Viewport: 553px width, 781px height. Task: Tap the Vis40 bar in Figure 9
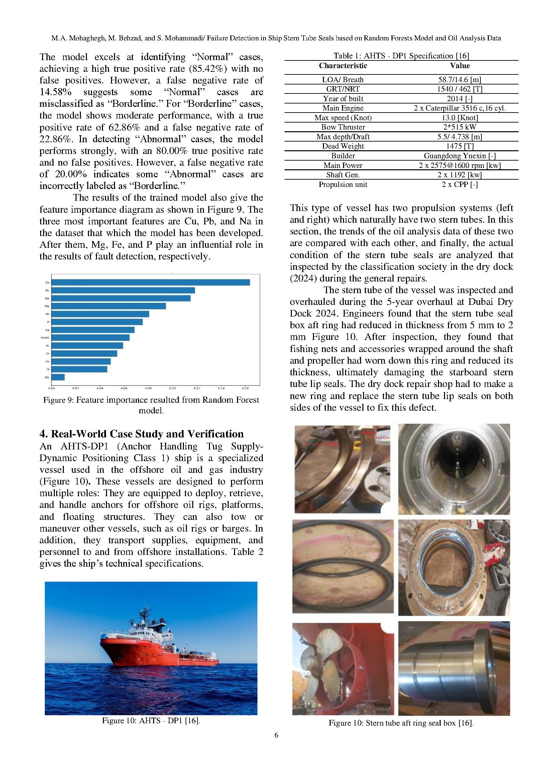point(90,338)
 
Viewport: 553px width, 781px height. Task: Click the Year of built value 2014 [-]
point(459,99)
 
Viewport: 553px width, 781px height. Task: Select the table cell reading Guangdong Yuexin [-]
point(459,156)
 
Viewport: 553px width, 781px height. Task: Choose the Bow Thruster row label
point(343,127)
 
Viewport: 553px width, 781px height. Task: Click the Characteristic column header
point(343,66)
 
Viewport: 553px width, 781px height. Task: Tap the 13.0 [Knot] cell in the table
point(459,118)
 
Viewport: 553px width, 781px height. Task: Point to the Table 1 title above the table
point(401,56)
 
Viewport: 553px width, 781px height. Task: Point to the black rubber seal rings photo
point(342,566)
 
